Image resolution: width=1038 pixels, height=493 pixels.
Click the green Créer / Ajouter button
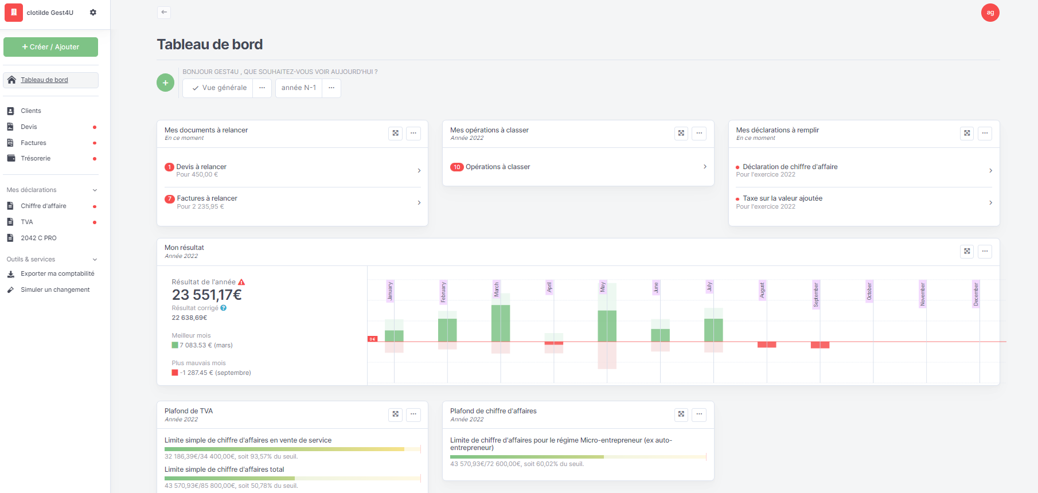click(x=50, y=47)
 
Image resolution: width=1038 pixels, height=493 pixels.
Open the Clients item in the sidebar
click(x=31, y=111)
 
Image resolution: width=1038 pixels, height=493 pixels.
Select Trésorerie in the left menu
click(x=36, y=158)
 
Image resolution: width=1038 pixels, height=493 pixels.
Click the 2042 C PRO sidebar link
click(x=38, y=238)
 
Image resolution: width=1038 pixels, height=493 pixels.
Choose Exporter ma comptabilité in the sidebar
click(x=57, y=274)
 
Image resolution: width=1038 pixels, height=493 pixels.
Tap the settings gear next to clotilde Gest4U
click(x=93, y=13)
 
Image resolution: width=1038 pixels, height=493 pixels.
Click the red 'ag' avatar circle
click(x=990, y=13)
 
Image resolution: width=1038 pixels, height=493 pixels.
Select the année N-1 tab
click(x=299, y=88)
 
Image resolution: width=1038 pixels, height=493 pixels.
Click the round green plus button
click(x=165, y=83)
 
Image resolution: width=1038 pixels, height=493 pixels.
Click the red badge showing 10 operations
click(x=456, y=167)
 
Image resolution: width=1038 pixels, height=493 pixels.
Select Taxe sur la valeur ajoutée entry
click(x=782, y=198)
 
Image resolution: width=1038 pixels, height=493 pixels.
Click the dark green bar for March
click(x=501, y=323)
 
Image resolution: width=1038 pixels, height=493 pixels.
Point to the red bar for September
click(x=820, y=345)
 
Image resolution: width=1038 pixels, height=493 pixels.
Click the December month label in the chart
click(x=975, y=294)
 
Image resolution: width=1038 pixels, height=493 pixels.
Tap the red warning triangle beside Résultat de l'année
click(x=241, y=282)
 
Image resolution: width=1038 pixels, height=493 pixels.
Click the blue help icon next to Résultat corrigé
click(x=224, y=308)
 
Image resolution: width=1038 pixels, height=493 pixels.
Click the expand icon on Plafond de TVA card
click(x=395, y=414)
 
